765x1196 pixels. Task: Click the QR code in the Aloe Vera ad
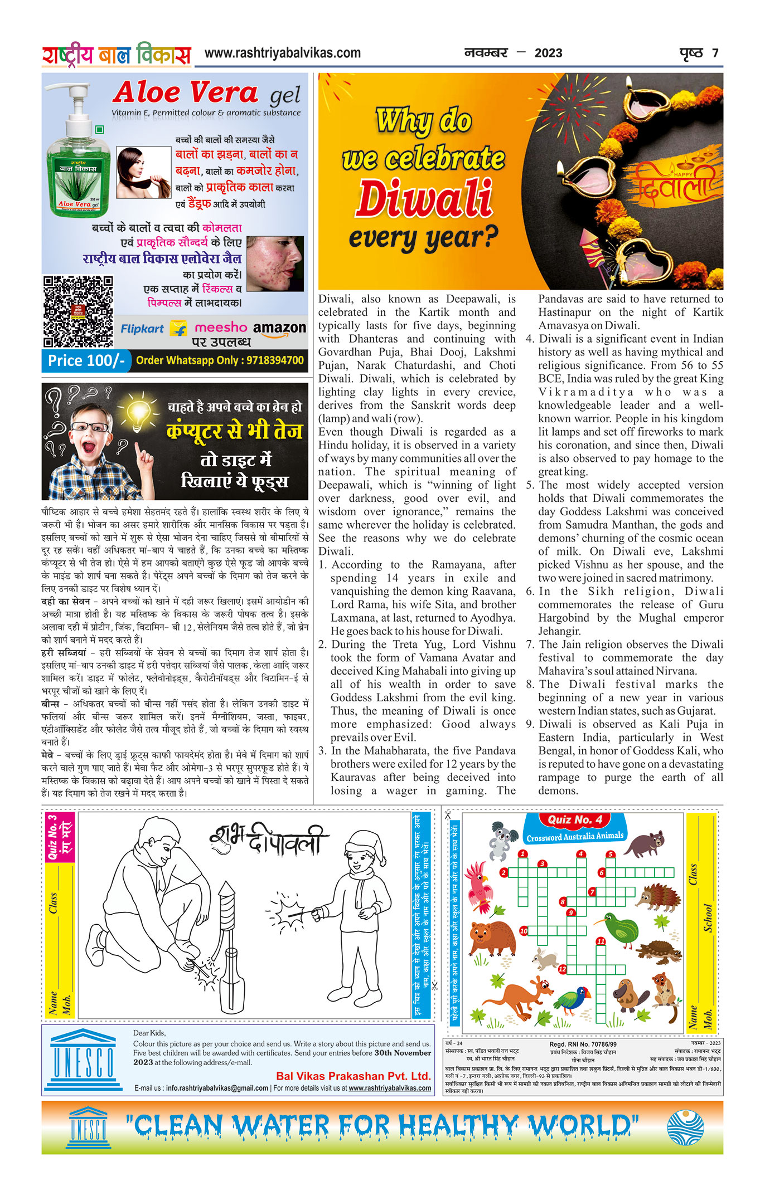click(x=78, y=312)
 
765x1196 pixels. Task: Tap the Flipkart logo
click(x=143, y=329)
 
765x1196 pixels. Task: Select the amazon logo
click(x=279, y=329)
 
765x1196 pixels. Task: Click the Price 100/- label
click(x=86, y=361)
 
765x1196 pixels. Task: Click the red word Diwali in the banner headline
click(x=424, y=199)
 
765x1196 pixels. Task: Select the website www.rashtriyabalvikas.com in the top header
click(x=283, y=53)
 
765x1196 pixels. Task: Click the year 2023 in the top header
click(x=548, y=53)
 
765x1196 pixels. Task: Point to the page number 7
click(x=715, y=53)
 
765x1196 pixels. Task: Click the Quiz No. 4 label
click(x=574, y=819)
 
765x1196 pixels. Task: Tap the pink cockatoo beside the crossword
click(x=480, y=887)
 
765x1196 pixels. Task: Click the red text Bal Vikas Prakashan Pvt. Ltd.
click(x=354, y=1076)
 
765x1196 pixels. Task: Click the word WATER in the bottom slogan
click(x=282, y=1126)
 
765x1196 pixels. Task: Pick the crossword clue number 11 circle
click(x=601, y=941)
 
